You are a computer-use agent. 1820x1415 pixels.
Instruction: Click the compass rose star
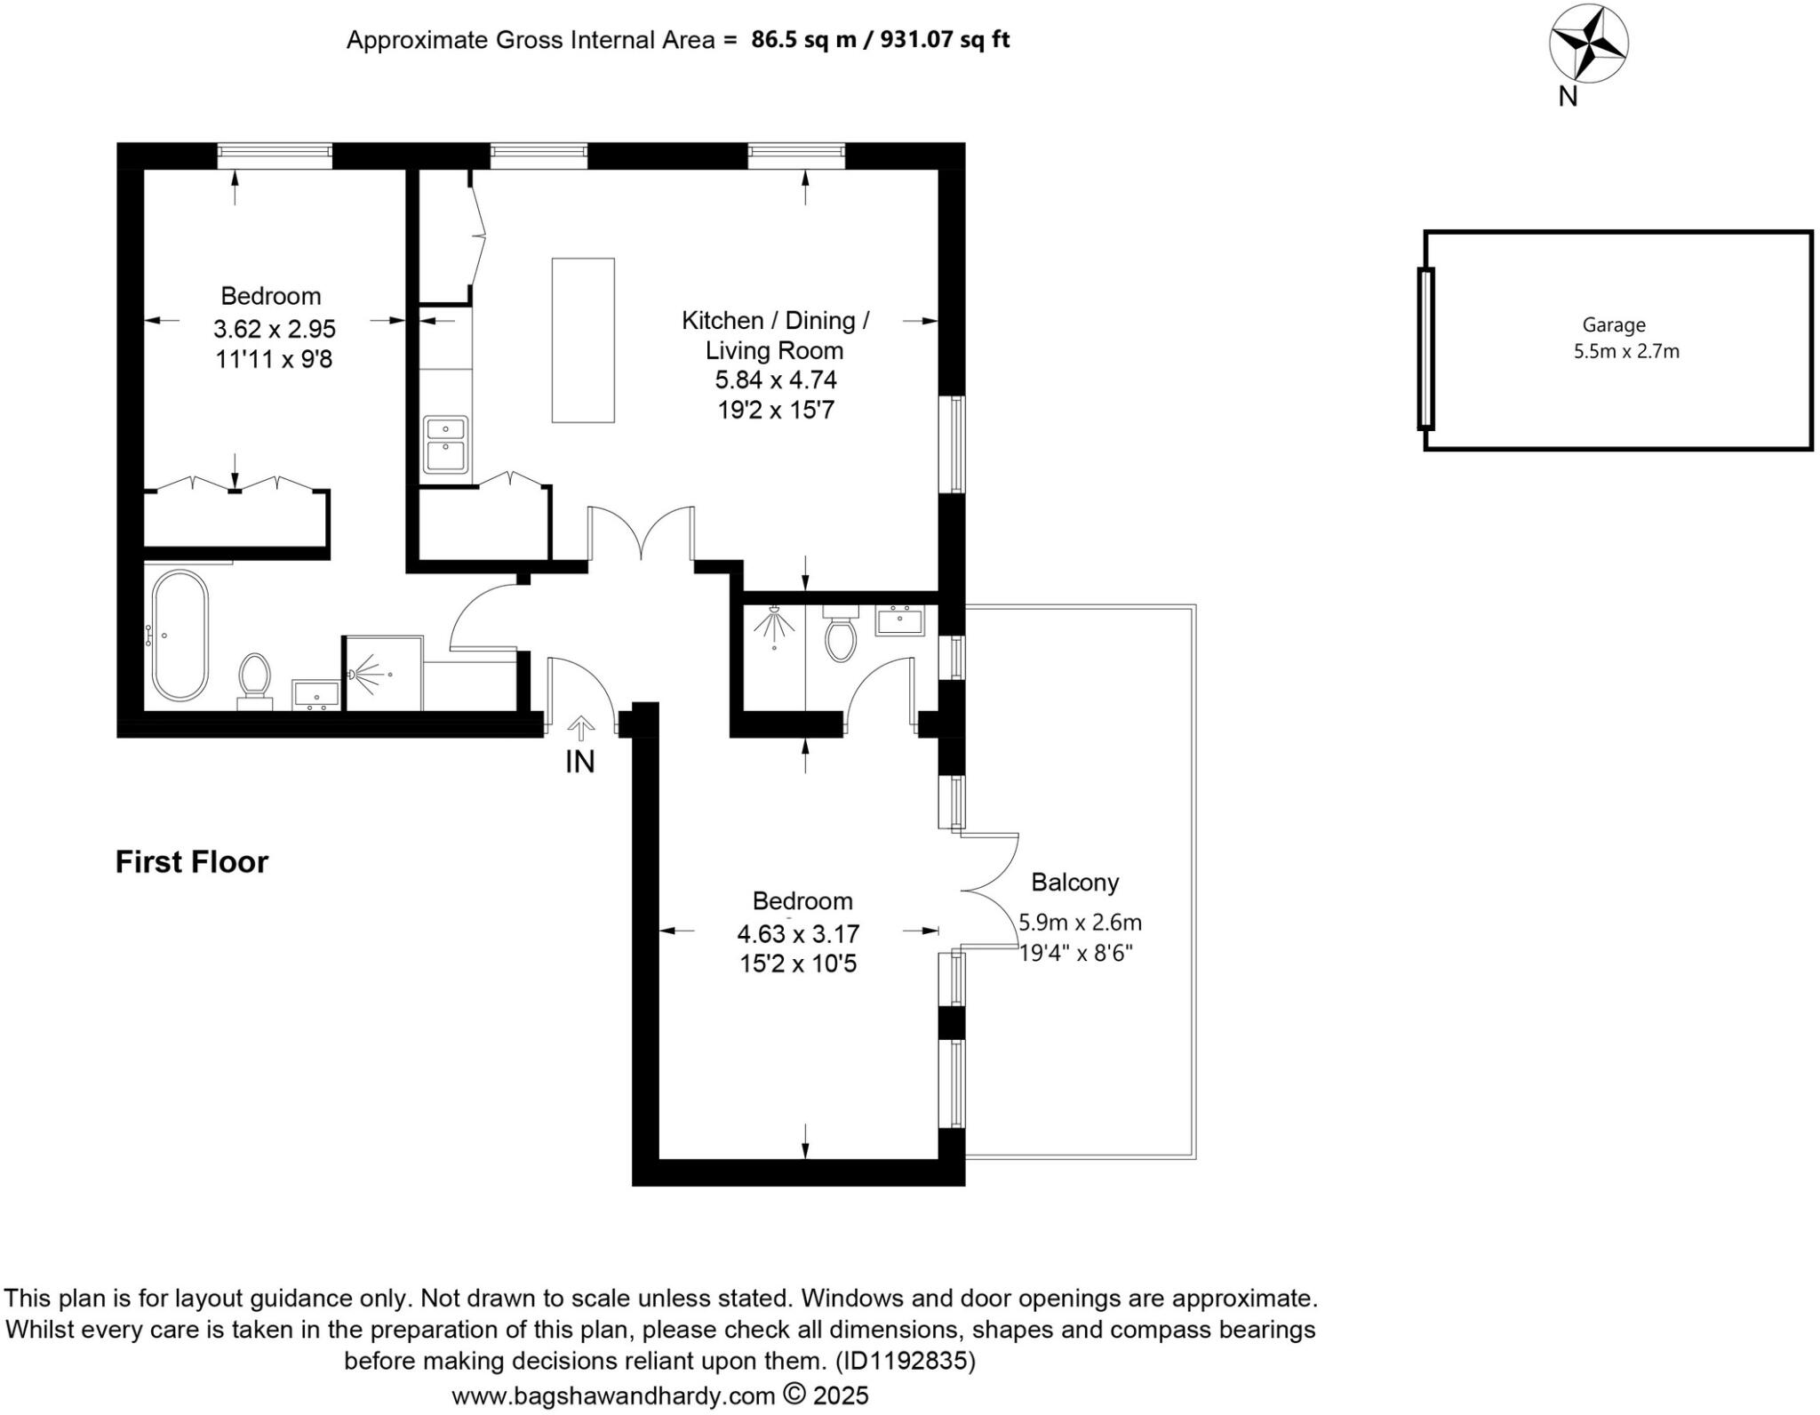click(x=1588, y=43)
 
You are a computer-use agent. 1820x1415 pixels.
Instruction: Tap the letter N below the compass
click(x=1568, y=97)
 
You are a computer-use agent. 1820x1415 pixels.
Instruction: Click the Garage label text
click(x=1613, y=325)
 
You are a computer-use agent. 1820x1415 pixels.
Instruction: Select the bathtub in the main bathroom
click(x=180, y=635)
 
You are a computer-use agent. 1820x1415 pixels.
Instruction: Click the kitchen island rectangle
click(x=583, y=340)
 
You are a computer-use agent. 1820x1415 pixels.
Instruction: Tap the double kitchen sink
click(x=445, y=444)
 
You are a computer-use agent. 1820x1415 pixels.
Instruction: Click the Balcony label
click(x=1074, y=883)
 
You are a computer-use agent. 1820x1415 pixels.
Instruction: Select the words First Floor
click(x=191, y=862)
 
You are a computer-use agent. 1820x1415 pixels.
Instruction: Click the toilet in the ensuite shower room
click(x=840, y=635)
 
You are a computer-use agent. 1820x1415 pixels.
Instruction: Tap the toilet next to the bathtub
click(x=255, y=680)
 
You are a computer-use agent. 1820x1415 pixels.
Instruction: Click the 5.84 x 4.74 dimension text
click(x=776, y=380)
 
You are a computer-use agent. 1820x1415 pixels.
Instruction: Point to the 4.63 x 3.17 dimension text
click(x=798, y=934)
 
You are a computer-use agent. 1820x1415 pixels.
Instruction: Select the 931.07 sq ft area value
click(x=945, y=40)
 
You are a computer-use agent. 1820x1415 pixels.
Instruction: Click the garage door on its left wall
click(x=1425, y=348)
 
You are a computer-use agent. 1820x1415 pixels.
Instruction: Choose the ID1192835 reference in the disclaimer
click(x=904, y=1361)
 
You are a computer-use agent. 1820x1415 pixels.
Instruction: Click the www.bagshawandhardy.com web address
click(x=613, y=1395)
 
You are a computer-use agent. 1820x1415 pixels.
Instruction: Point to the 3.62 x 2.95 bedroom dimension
click(x=274, y=330)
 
